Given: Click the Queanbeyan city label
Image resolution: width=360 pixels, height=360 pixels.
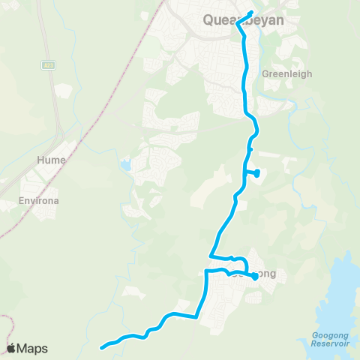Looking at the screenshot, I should pos(244,21).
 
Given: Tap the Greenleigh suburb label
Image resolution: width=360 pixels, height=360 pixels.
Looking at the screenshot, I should pos(281,74).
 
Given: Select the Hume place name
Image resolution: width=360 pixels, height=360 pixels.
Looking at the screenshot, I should pos(51,160).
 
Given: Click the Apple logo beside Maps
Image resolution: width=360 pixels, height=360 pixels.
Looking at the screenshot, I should pos(11,348).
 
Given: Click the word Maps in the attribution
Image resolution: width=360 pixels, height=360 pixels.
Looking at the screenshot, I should pos(32,348).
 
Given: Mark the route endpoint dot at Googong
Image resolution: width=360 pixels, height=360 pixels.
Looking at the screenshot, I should pos(254,277).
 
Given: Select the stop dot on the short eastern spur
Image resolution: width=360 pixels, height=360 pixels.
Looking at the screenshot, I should pos(257,173).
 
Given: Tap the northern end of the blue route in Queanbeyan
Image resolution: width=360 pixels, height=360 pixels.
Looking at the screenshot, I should pos(251,12).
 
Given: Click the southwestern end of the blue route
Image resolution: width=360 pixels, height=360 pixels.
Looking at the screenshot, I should pos(101,347).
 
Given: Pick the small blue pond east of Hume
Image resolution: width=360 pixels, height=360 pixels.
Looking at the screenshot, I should pos(125,163).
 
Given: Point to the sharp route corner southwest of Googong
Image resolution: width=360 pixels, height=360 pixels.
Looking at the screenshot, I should pos(197,317).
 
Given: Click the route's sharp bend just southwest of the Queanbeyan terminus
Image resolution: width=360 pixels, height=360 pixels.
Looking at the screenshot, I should pos(238,23).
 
